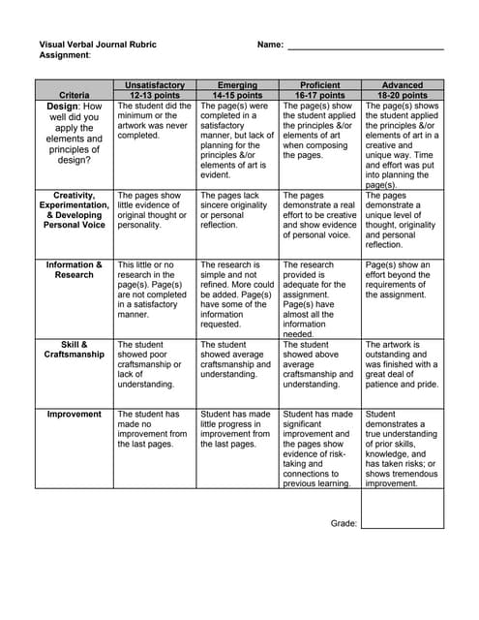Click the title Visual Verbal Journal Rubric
pyautogui.click(x=97, y=45)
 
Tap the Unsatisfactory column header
pyautogui.click(x=155, y=85)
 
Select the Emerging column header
pyautogui.click(x=237, y=85)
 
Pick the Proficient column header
pyautogui.click(x=320, y=85)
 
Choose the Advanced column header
pyautogui.click(x=403, y=85)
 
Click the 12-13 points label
pyautogui.click(x=155, y=96)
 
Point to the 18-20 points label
pyautogui.click(x=403, y=96)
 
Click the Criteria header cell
pyautogui.click(x=75, y=96)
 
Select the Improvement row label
pyautogui.click(x=75, y=414)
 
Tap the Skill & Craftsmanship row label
pyautogui.click(x=75, y=350)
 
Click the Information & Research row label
pyautogui.click(x=75, y=269)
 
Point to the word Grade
pyautogui.click(x=344, y=522)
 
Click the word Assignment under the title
pyautogui.click(x=64, y=56)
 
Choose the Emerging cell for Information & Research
pyautogui.click(x=237, y=294)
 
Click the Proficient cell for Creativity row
pyautogui.click(x=320, y=214)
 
